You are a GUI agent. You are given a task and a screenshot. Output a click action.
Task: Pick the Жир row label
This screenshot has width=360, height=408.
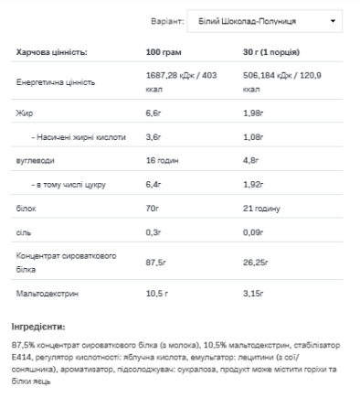[x=24, y=113]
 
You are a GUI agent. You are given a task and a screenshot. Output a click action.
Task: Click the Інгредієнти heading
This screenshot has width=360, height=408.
[x=38, y=326]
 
